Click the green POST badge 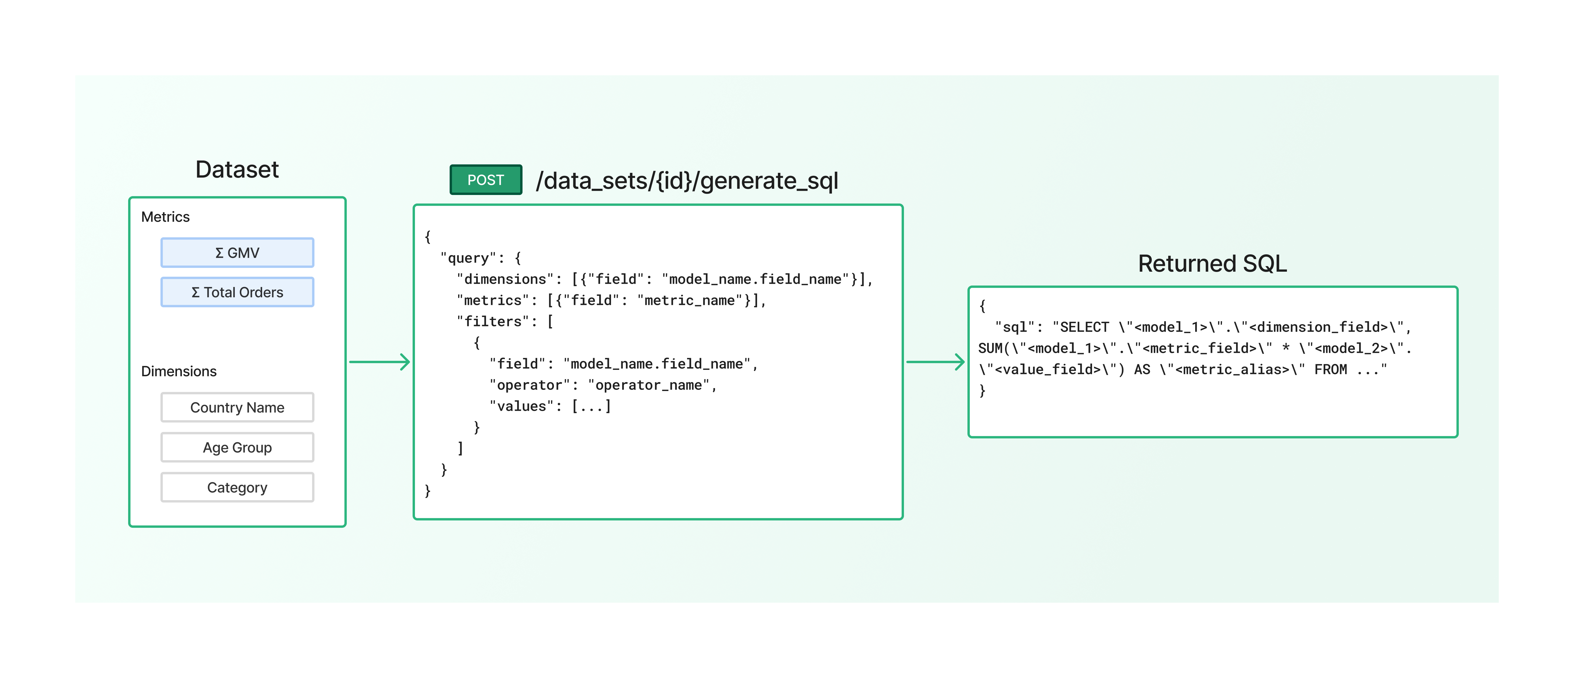(486, 180)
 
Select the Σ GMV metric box (237, 253)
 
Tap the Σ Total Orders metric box (237, 292)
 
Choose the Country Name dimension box (237, 407)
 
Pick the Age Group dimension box (237, 447)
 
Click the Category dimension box (237, 487)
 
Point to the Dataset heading (237, 169)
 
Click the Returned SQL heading (1212, 263)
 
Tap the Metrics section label (165, 217)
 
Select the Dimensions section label (178, 371)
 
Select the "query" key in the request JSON (468, 258)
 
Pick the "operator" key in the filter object (529, 385)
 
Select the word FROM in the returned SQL (1330, 369)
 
